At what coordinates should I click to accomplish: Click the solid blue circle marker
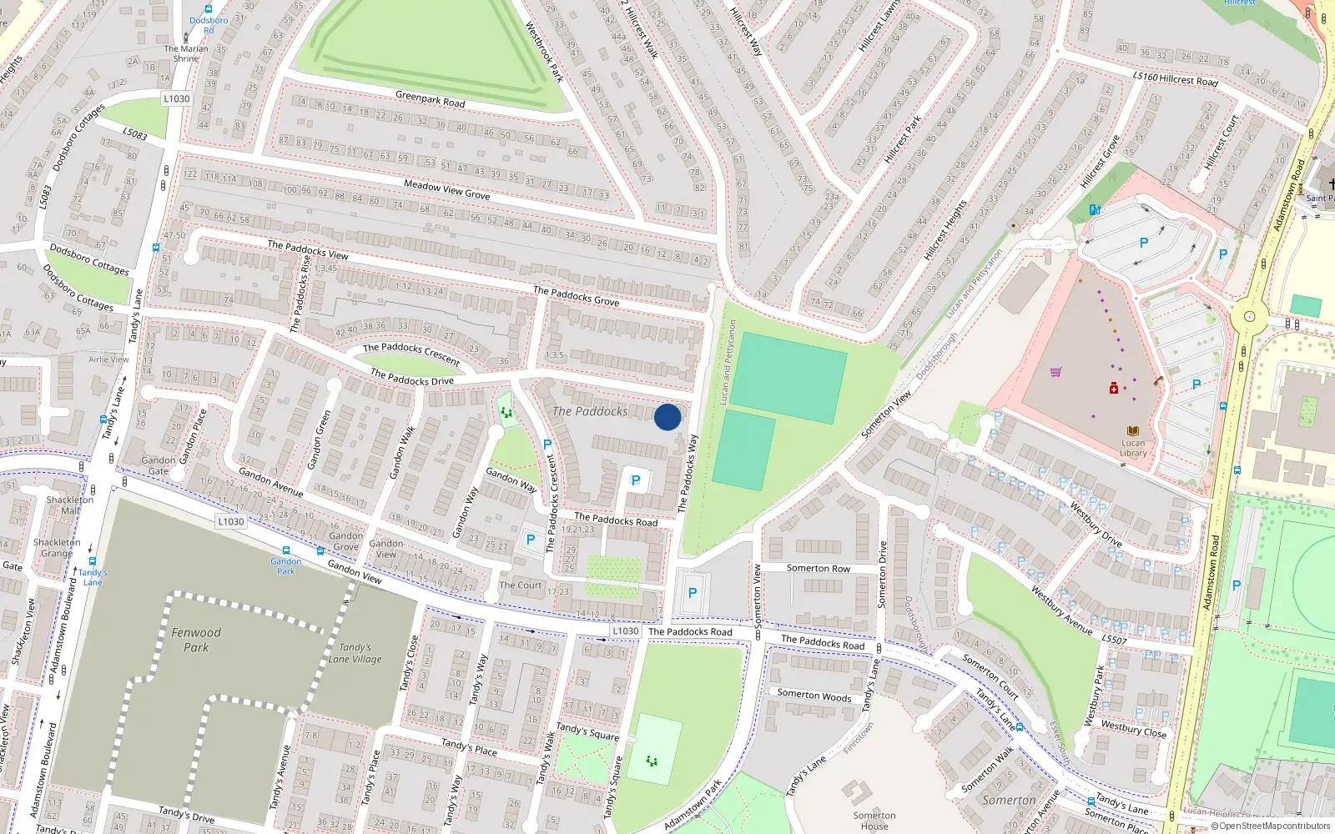(x=667, y=417)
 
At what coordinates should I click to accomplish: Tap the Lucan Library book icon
(x=1132, y=431)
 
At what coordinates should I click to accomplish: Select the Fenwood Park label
(x=196, y=640)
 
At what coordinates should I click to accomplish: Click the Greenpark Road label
(x=430, y=99)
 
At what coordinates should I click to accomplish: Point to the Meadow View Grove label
(x=446, y=189)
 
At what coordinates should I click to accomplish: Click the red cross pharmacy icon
(x=1113, y=389)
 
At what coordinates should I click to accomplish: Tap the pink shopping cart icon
(x=1055, y=372)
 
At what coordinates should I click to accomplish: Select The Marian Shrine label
(x=186, y=53)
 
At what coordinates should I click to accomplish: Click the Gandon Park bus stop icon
(x=286, y=550)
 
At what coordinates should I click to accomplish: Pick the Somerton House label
(x=874, y=821)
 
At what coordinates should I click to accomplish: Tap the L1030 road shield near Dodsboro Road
(x=176, y=98)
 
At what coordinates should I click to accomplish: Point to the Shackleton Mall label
(x=70, y=505)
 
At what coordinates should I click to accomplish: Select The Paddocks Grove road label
(x=576, y=296)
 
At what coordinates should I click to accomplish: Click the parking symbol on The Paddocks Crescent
(x=547, y=445)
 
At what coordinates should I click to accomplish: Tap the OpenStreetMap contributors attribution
(x=1270, y=826)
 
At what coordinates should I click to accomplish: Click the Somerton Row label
(x=818, y=568)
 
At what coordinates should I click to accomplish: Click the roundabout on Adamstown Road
(x=1249, y=316)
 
